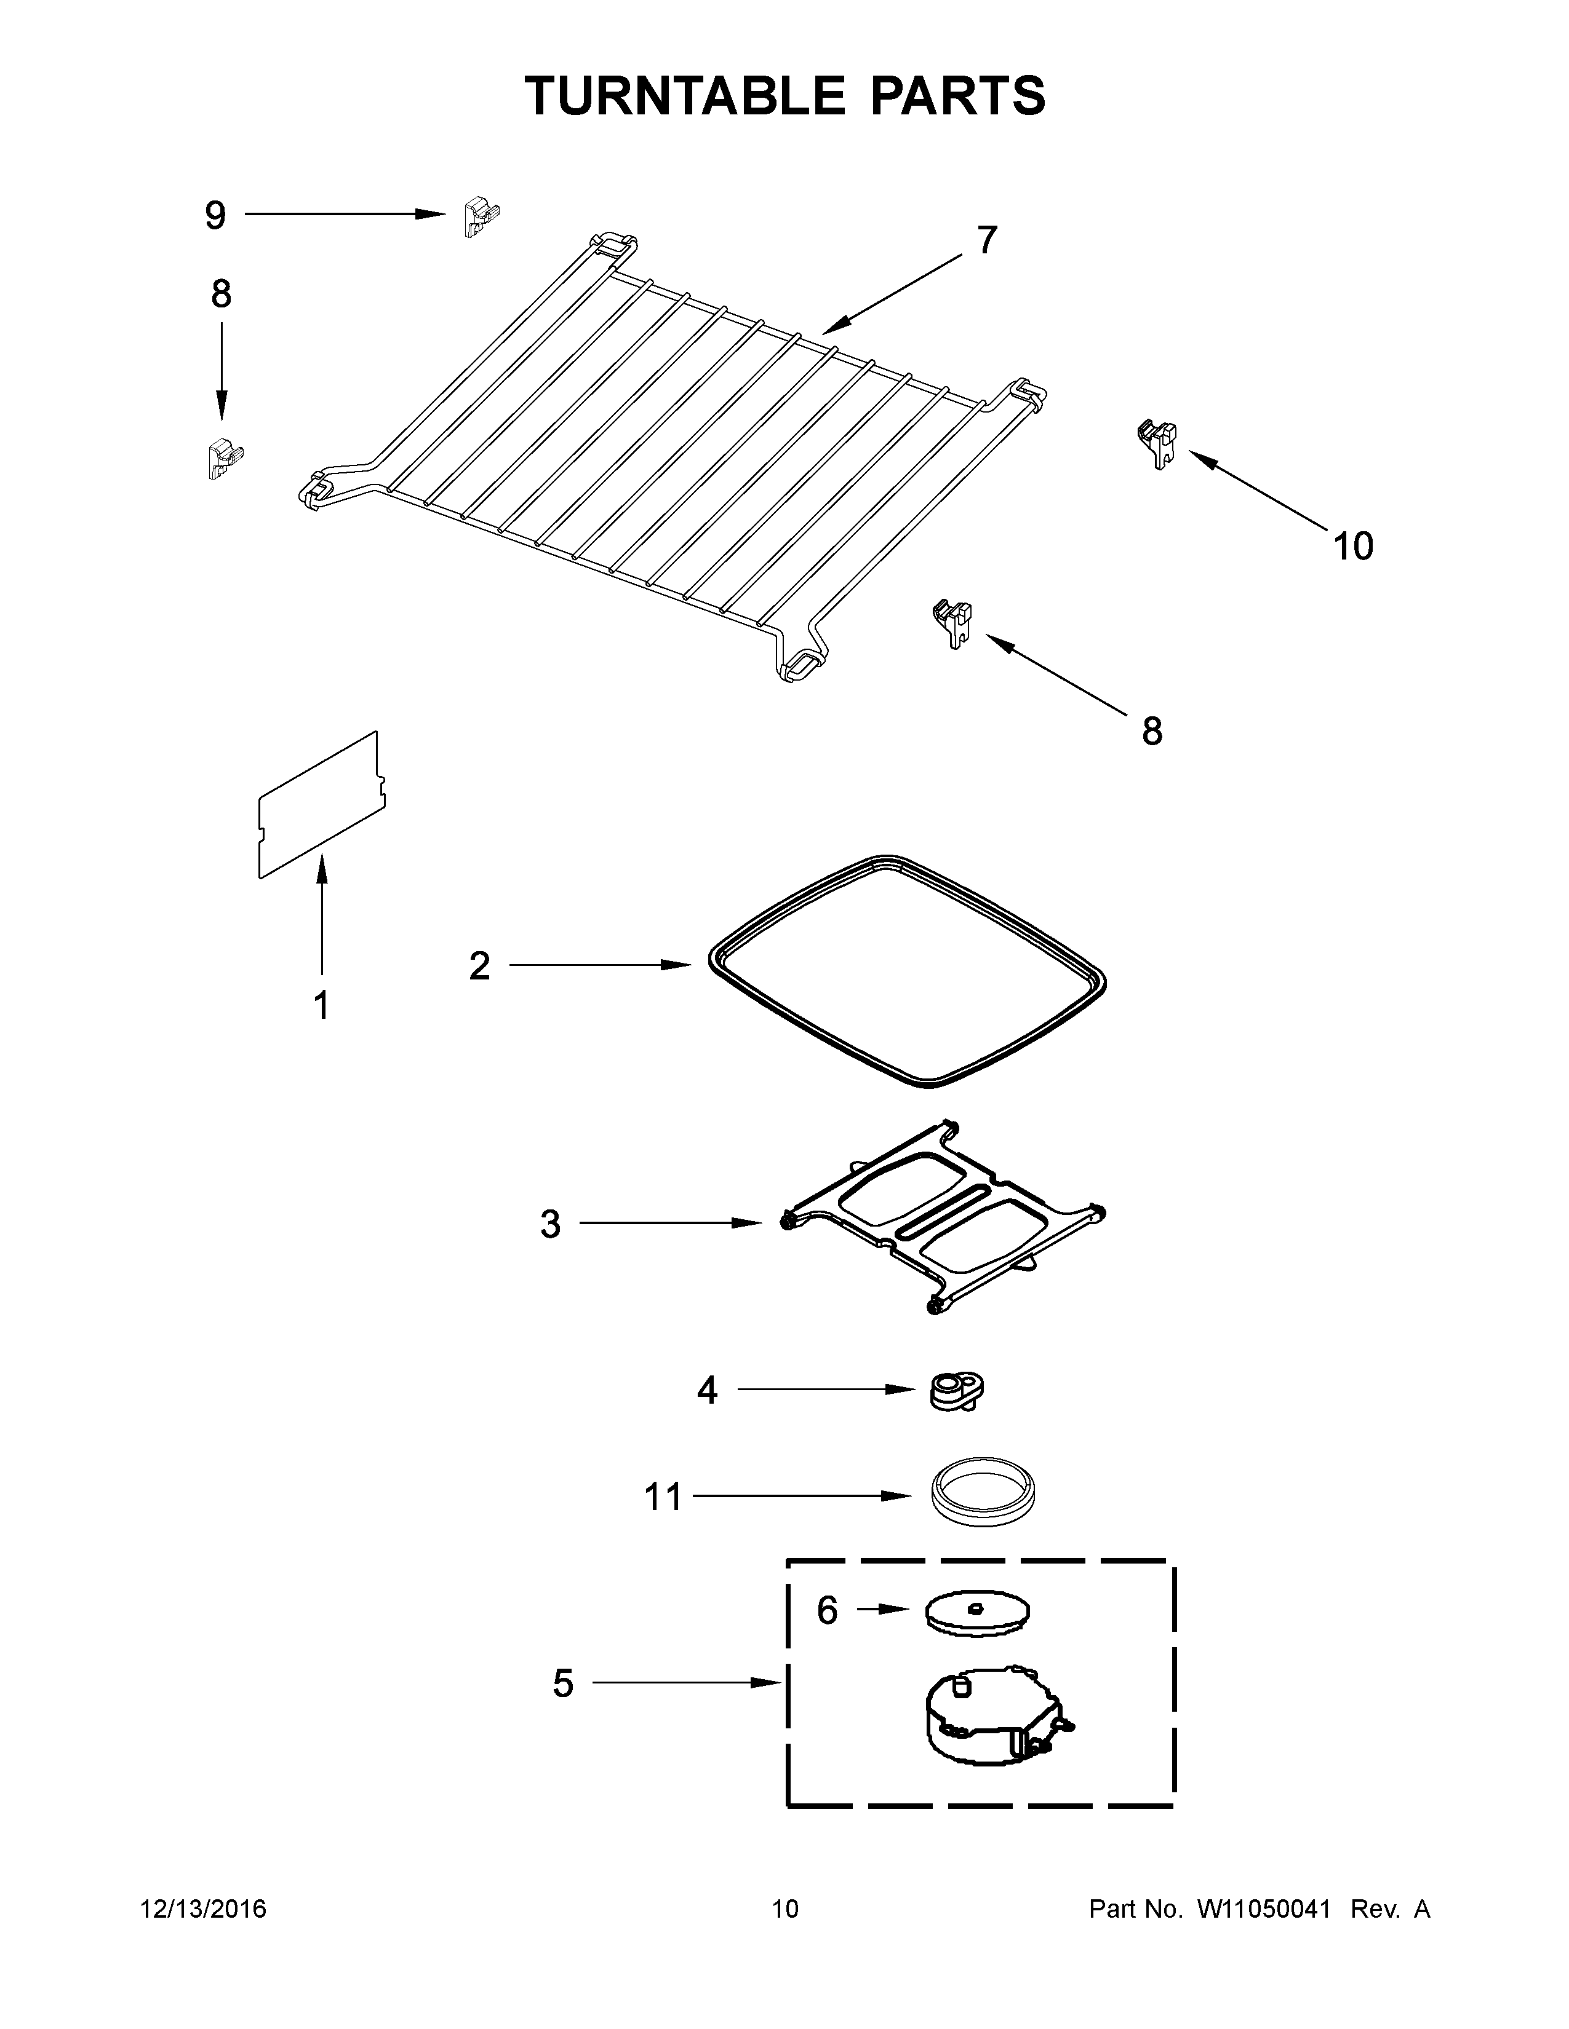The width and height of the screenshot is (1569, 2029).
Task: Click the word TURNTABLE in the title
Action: [685, 96]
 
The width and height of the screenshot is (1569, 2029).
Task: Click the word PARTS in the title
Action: [957, 96]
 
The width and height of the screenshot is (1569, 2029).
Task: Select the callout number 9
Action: [215, 216]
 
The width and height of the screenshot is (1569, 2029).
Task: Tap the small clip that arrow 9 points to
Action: [479, 216]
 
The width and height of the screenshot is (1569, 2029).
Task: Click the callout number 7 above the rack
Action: [986, 240]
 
